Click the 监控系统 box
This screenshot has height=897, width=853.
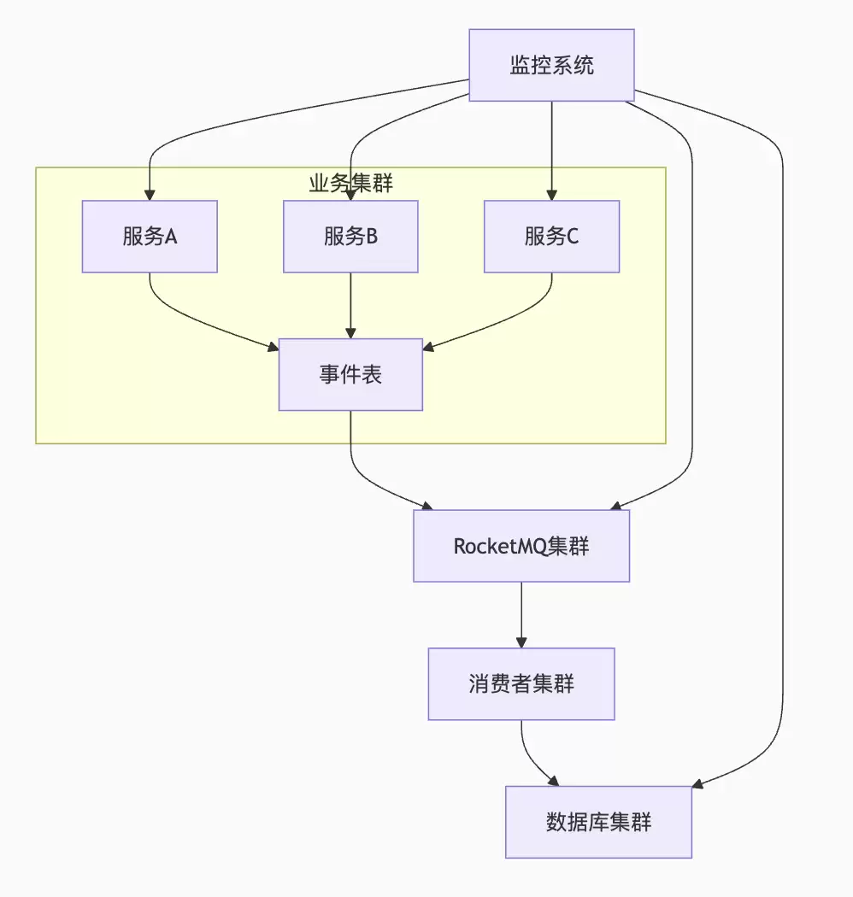click(551, 65)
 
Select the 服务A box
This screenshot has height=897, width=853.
click(150, 237)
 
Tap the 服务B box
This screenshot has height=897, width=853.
click(350, 237)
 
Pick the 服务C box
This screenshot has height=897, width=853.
click(551, 237)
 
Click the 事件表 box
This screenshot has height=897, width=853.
click(350, 374)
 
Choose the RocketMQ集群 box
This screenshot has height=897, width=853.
click(521, 546)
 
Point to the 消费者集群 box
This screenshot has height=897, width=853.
click(521, 683)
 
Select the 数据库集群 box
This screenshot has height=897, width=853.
click(598, 822)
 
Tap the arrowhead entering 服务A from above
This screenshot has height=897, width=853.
click(150, 194)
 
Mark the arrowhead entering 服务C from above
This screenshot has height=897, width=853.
click(551, 194)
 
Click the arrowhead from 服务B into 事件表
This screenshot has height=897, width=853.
click(350, 332)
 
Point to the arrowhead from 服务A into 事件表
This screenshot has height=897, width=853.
click(273, 347)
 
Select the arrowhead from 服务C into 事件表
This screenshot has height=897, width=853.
click(429, 347)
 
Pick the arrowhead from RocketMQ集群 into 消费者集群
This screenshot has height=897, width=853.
click(521, 642)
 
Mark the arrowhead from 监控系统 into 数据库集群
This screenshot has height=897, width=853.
click(697, 783)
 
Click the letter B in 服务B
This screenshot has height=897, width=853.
click(372, 237)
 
